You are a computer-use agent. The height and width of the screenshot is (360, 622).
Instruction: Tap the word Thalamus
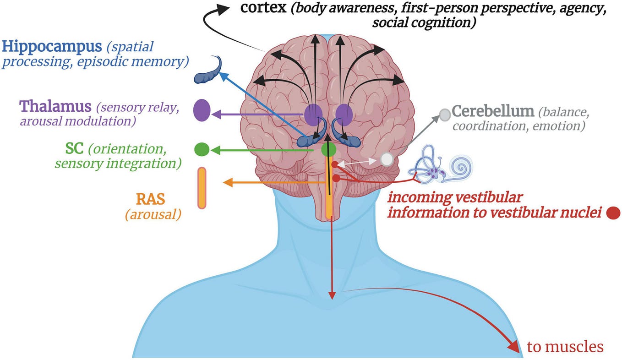tap(55, 107)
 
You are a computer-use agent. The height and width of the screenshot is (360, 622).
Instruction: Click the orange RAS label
tap(150, 199)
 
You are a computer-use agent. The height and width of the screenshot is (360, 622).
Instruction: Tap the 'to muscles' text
tap(565, 347)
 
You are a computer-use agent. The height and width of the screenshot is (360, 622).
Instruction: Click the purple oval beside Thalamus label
tap(202, 110)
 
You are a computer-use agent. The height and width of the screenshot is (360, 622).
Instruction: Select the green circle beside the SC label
tap(202, 149)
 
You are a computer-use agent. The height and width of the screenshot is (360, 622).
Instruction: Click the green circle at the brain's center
tap(328, 149)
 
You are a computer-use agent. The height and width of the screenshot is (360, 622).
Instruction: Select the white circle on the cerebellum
tap(387, 159)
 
